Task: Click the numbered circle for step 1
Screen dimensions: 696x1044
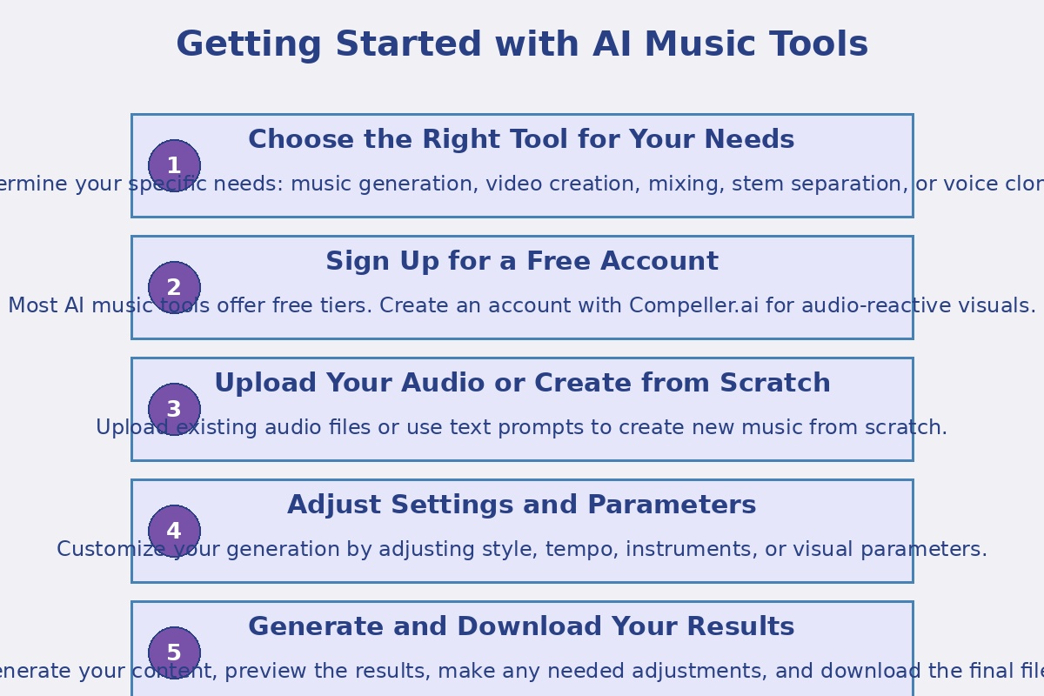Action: [174, 165]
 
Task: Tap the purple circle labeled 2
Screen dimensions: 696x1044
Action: [174, 287]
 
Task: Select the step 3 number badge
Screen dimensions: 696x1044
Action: [174, 409]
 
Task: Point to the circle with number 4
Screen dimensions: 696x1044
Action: [174, 531]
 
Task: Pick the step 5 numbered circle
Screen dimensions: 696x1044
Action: [174, 652]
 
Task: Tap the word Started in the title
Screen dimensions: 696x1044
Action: [408, 45]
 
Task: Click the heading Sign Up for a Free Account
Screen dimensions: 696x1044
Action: [522, 262]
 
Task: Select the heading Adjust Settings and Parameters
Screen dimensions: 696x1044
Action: [522, 505]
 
